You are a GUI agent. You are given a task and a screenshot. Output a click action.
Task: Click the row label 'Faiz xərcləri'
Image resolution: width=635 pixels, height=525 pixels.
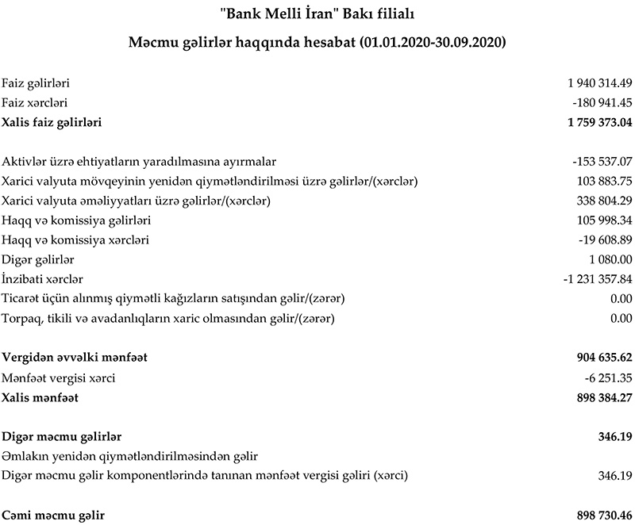click(34, 102)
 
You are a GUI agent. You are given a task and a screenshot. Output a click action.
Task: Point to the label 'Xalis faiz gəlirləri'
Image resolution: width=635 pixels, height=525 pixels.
click(52, 122)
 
